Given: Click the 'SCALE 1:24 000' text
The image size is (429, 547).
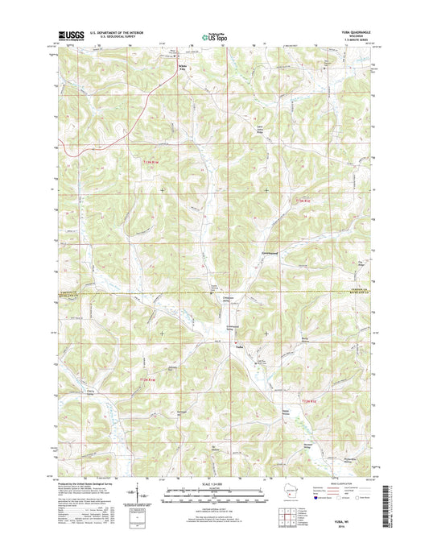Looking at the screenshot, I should (214, 483).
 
